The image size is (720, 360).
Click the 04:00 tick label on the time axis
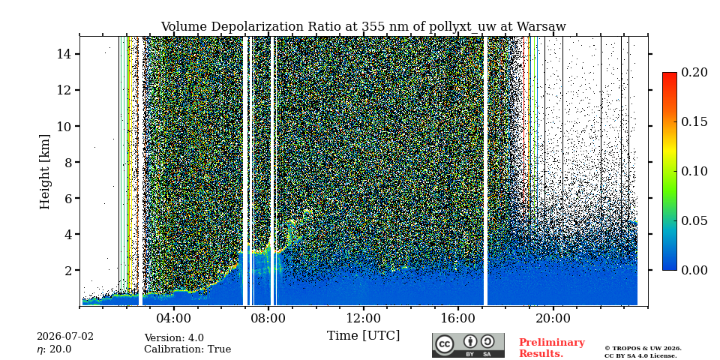[x=173, y=318]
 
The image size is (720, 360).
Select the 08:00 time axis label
[x=268, y=318]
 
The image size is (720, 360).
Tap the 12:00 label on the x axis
[x=363, y=318]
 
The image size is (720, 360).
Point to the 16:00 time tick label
[x=457, y=318]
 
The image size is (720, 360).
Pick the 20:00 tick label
[x=553, y=318]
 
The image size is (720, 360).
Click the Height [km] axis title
[x=44, y=172]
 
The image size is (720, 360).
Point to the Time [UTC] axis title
[x=363, y=336]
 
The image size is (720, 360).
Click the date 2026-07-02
[x=65, y=337]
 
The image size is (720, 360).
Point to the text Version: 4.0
[x=174, y=338]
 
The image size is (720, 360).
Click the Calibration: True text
[x=187, y=349]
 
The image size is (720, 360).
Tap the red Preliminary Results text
[x=552, y=348]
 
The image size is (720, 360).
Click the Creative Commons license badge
[x=468, y=345]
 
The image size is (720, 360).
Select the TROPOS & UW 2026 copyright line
[x=643, y=349]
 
